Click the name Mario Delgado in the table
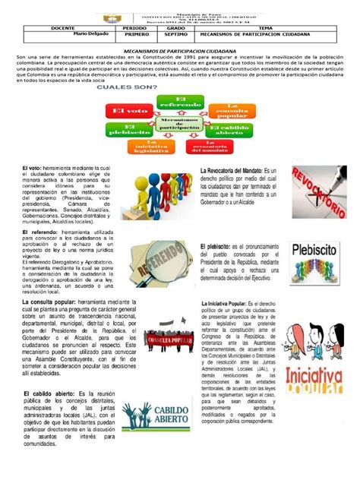pos(90,34)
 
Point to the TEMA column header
pos(268,27)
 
